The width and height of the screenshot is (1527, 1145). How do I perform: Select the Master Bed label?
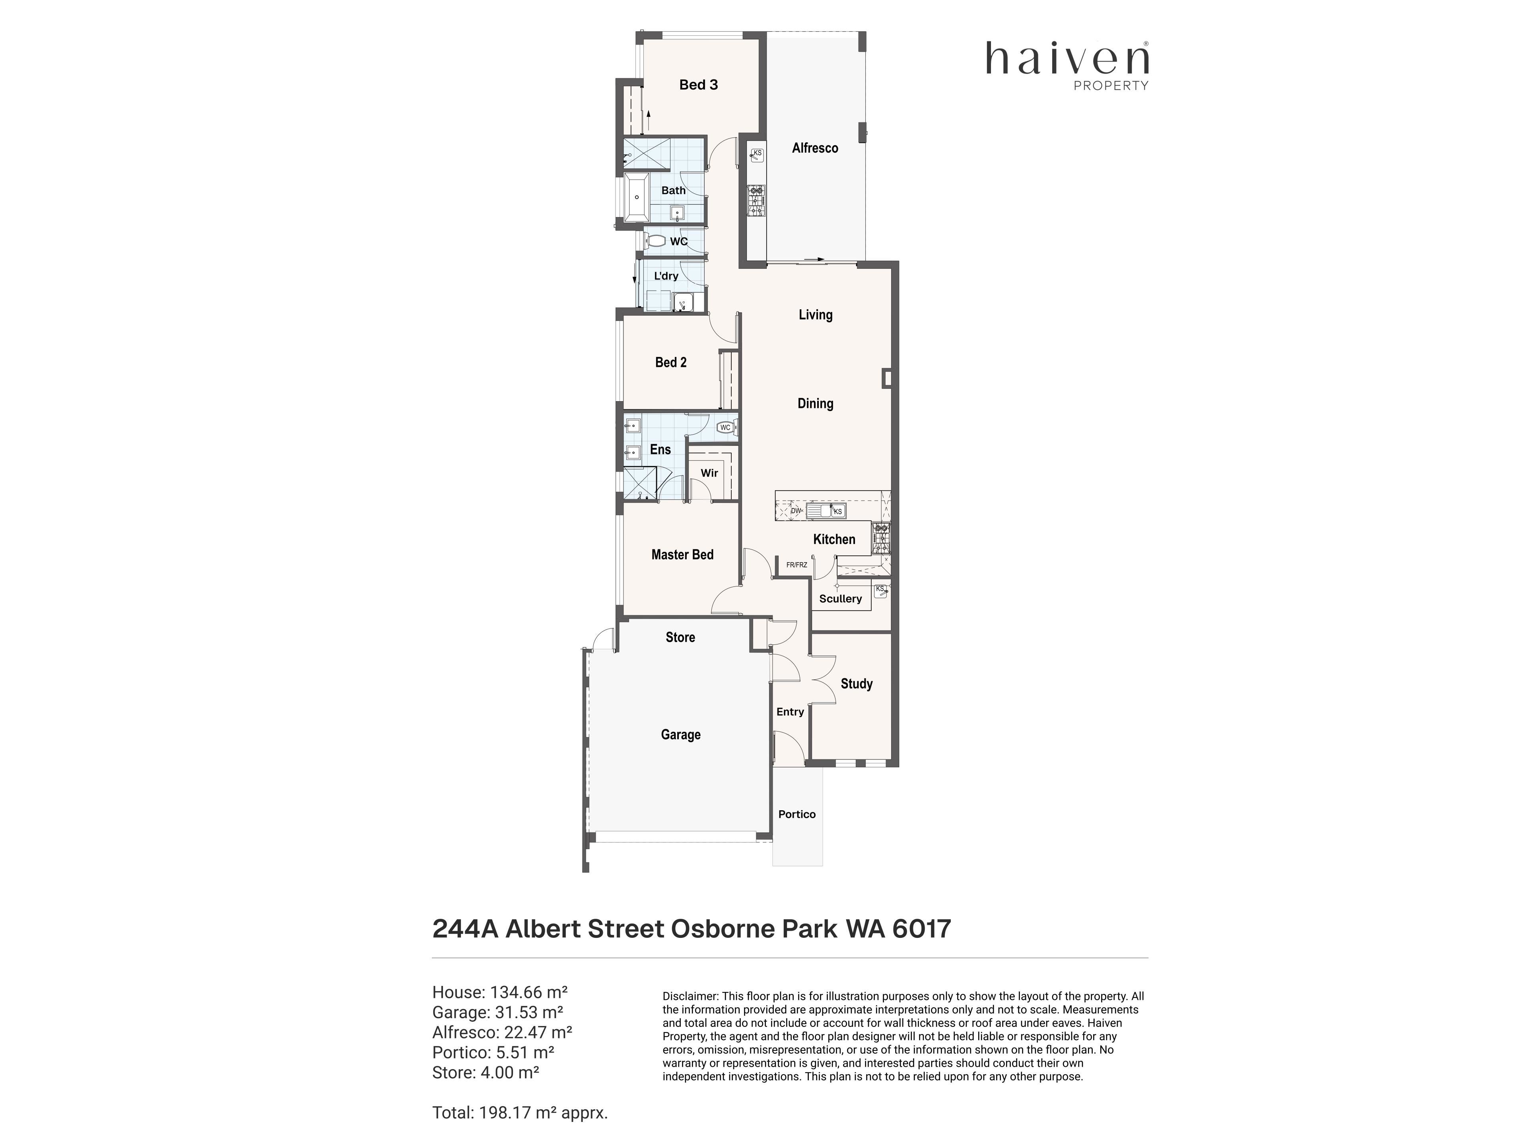[682, 554]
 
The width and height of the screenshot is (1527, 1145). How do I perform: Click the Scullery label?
[840, 598]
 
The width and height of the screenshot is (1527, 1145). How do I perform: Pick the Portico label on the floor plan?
[797, 814]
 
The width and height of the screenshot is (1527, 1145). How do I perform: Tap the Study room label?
[856, 683]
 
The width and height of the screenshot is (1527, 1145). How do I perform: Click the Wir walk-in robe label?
[709, 473]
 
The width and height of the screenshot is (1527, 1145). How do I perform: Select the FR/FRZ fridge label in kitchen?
[797, 565]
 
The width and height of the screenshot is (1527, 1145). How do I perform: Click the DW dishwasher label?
[795, 511]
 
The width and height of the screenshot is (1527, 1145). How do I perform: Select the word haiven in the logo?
[1067, 58]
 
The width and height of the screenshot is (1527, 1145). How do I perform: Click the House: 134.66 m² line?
[500, 992]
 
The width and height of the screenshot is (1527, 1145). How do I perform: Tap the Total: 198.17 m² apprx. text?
[520, 1112]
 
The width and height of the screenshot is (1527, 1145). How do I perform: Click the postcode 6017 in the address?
[922, 928]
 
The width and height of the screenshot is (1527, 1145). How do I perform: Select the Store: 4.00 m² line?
[485, 1072]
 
